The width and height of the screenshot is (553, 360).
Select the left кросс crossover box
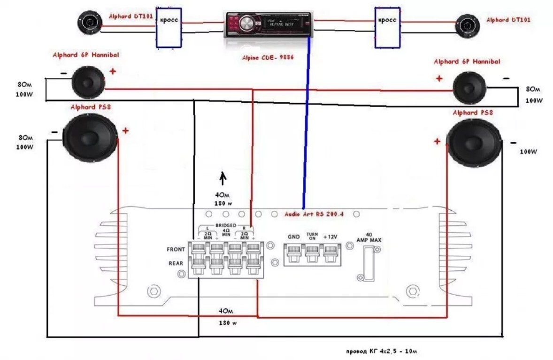pos(169,28)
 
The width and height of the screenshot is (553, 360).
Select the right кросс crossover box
pos(387,27)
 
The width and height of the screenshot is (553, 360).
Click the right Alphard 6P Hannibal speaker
pos(470,87)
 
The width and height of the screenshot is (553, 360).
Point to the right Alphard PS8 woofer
pos(476,143)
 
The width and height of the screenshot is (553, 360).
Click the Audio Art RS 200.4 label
pos(314,214)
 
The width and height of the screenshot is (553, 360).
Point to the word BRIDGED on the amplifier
pos(225,225)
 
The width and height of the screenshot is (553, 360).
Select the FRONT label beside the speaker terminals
pos(176,249)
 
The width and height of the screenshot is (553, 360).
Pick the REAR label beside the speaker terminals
pos(176,263)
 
